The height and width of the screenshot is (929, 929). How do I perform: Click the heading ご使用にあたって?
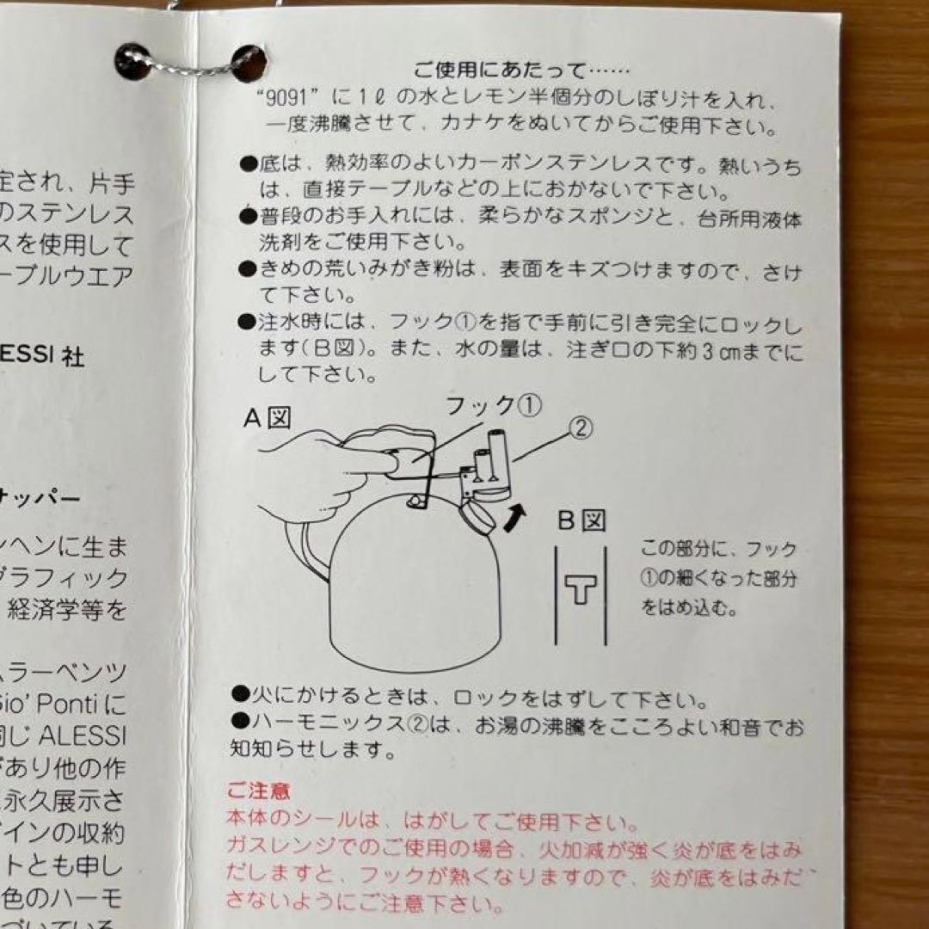(521, 69)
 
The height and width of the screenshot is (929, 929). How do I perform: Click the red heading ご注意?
(258, 790)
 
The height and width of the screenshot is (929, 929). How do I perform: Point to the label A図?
(268, 418)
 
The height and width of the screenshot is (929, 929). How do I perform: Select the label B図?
(581, 520)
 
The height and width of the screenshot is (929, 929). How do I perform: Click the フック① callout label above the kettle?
(493, 404)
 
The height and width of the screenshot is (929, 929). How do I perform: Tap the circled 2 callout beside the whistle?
(581, 428)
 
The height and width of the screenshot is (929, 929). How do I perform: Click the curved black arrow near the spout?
(514, 518)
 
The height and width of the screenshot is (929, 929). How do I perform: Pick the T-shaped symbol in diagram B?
(581, 590)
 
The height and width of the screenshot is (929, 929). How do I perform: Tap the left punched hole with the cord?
(134, 61)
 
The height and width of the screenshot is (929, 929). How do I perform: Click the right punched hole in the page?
(248, 63)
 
